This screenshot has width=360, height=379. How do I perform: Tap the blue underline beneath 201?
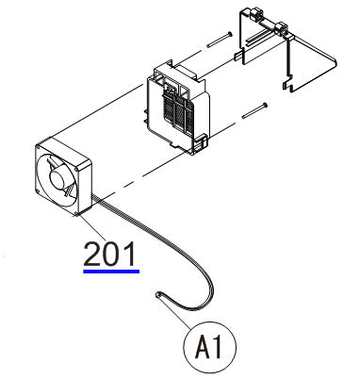[110, 270]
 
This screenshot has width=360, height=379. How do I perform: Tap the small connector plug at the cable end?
[157, 298]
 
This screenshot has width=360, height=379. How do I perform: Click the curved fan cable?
[188, 255]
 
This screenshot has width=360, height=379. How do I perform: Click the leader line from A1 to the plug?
[176, 317]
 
